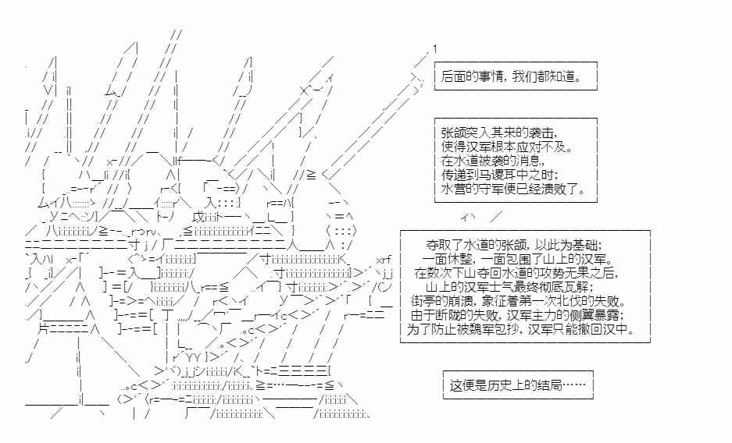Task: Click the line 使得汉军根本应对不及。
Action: (507, 147)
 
